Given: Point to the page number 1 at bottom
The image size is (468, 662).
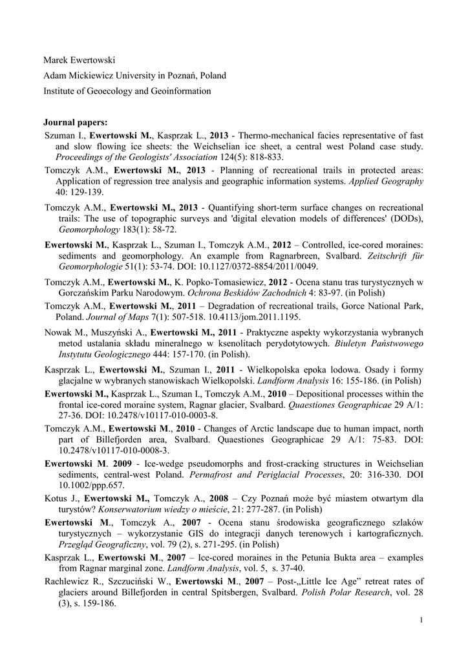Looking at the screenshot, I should tap(421, 621).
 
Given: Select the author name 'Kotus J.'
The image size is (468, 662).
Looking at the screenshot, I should tap(60, 498).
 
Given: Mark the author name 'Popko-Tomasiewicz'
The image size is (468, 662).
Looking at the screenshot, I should tap(212, 282).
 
